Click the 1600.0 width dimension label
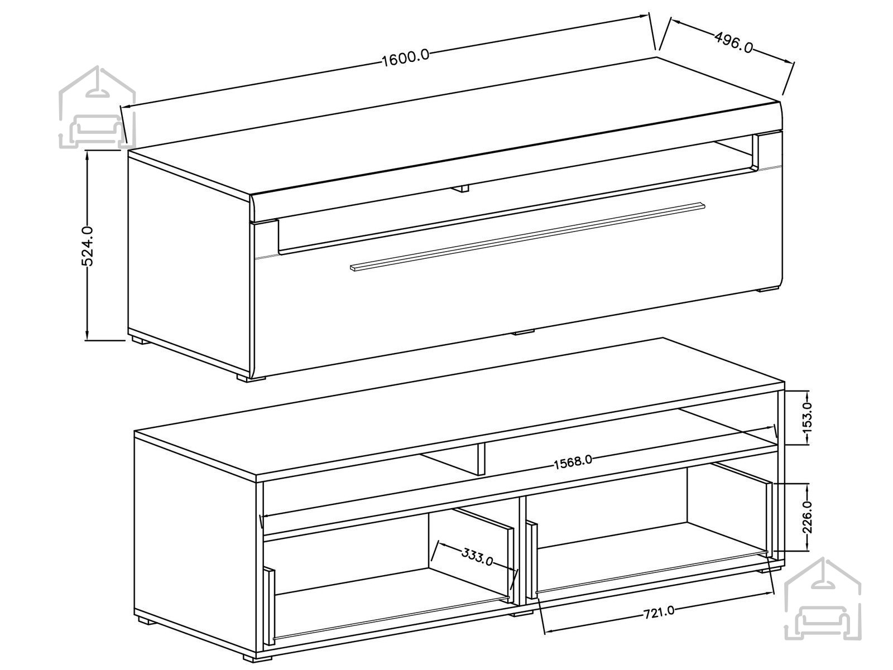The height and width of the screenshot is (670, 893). (x=406, y=59)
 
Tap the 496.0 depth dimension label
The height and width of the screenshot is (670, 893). (x=733, y=42)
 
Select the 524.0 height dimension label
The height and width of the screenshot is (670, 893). (x=88, y=246)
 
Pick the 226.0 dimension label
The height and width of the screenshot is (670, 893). (x=807, y=517)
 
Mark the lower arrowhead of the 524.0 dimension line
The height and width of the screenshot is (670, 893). (x=87, y=334)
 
